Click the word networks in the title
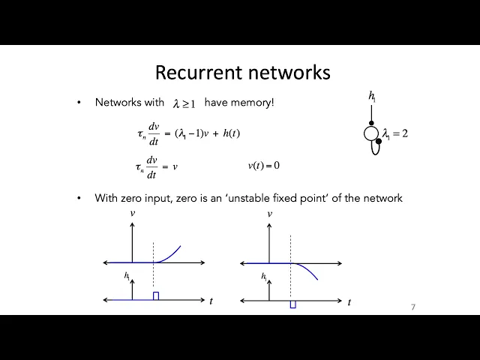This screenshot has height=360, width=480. [x=289, y=73]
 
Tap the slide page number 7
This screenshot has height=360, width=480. [x=413, y=307]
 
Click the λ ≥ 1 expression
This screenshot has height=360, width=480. [x=184, y=103]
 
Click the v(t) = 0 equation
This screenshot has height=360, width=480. [x=263, y=165]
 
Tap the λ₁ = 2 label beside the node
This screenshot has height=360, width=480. [x=395, y=134]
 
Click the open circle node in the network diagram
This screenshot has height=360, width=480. [x=371, y=134]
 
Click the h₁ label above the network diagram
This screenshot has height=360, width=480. [x=372, y=95]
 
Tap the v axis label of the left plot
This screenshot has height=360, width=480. [x=133, y=214]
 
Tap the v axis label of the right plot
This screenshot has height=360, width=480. [x=269, y=214]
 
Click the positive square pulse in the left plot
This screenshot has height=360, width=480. [x=156, y=296]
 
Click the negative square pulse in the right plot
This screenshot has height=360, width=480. [x=292, y=304]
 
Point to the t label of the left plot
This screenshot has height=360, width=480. [x=211, y=301]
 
